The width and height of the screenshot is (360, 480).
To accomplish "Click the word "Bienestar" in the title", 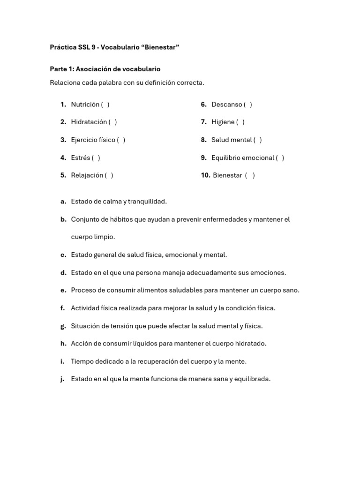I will coord(161,47).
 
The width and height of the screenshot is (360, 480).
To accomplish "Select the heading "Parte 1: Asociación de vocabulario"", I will coord(105,69).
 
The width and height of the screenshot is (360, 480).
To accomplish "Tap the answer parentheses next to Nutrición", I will coord(105,105).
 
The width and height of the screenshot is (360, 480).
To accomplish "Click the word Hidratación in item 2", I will coord(89,122).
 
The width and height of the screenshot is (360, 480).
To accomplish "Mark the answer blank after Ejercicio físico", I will coord(121,140).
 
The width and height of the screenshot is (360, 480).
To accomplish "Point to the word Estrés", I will coord(80,157).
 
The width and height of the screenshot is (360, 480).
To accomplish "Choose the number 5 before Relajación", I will coord(63,175).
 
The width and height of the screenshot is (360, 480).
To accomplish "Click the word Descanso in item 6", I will coord(226,105).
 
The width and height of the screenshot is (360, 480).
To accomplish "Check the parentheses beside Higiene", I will coord(240,122).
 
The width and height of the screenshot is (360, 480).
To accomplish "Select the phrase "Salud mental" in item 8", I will coord(231,140).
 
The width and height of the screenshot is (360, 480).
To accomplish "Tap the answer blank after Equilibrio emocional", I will coord(280,157).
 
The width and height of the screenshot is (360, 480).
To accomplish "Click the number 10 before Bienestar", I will coord(205,175).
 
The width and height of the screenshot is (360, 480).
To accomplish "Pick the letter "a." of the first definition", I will coord(63,202).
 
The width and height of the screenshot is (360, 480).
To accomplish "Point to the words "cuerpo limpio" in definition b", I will coord(93,237).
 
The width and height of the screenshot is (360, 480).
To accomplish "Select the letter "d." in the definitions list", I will coord(63,273).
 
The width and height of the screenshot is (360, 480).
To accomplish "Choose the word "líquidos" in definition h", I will coord(144,344).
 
